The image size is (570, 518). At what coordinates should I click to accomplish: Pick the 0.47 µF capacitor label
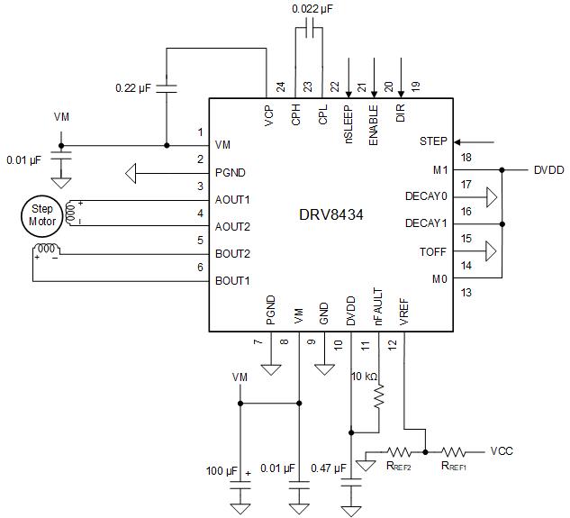click(x=329, y=468)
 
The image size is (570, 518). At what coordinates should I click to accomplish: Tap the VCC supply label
click(x=502, y=450)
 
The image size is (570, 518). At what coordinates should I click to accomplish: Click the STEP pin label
click(x=434, y=142)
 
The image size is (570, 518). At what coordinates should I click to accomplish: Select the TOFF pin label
click(x=433, y=251)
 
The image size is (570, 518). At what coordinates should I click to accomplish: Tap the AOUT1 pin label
click(x=233, y=199)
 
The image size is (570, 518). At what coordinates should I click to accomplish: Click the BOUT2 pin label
click(x=233, y=253)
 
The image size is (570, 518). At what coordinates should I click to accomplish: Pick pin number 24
click(x=280, y=87)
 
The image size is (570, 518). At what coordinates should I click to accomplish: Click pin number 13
click(x=466, y=292)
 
